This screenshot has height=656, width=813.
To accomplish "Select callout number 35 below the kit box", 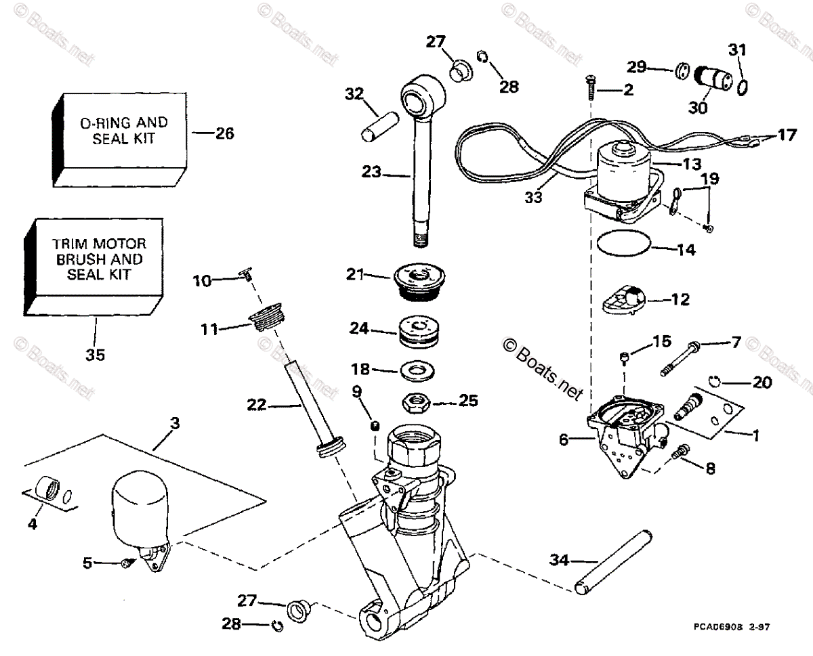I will pos(96,353).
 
